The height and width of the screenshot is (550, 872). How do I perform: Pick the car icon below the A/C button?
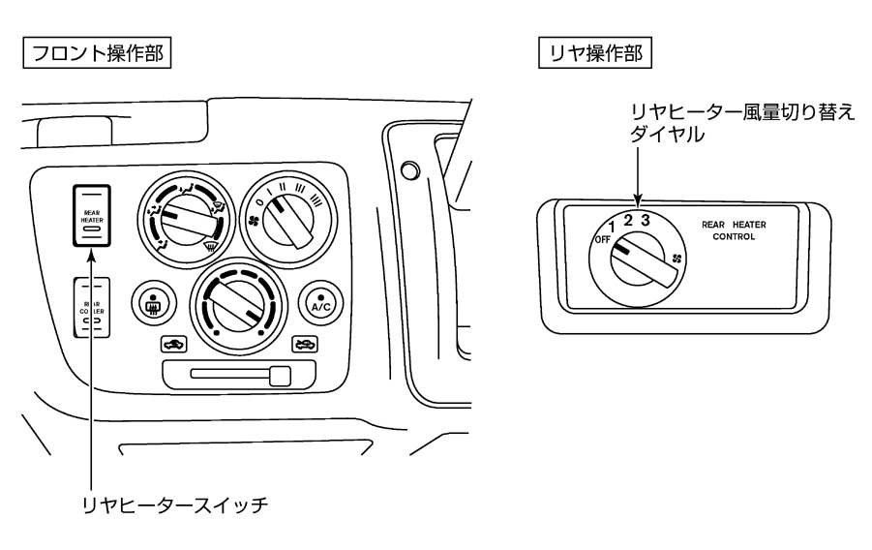coord(304,343)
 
